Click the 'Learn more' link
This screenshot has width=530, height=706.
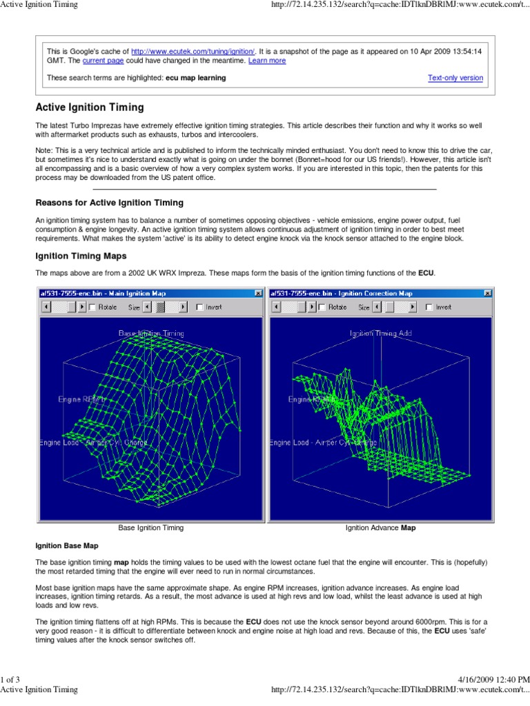pos(267,61)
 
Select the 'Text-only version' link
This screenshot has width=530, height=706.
pos(455,78)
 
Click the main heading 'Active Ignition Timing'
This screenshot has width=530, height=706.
pos(90,108)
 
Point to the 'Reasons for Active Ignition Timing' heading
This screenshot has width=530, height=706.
pos(110,203)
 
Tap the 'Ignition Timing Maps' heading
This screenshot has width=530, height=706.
pos(82,256)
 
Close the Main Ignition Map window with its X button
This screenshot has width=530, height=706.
pos(258,293)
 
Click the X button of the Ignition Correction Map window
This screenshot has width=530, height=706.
pos(488,293)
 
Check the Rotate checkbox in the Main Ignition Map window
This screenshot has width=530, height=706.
pos(92,307)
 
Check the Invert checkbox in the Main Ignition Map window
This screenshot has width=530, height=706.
pos(200,307)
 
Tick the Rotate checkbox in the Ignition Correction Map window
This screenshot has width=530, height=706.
pos(322,307)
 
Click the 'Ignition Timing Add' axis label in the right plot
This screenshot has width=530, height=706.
pos(382,333)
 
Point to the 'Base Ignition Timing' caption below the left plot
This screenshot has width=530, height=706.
pos(151,528)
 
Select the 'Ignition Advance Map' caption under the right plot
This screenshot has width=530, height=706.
pos(380,528)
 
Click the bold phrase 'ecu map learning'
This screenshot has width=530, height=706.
pos(195,78)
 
